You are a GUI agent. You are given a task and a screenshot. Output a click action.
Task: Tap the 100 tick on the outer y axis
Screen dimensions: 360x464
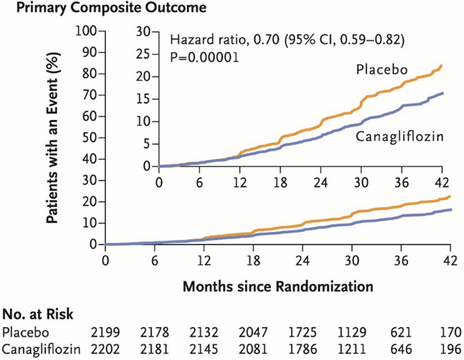(87, 30)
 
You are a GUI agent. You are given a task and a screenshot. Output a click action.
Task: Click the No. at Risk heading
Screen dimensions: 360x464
(38, 314)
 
